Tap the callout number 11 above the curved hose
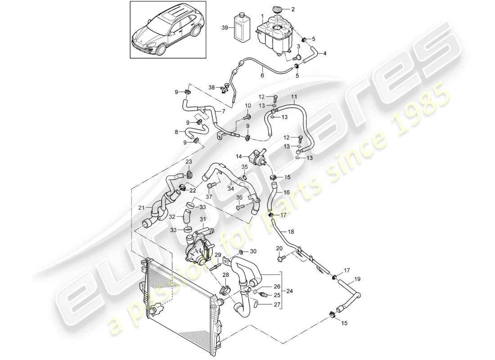click(x=294, y=97)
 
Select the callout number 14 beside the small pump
click(x=239, y=156)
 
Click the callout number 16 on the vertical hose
click(x=286, y=192)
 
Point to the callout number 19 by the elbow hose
click(x=357, y=279)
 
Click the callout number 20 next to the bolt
click(x=279, y=248)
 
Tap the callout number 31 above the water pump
click(x=203, y=219)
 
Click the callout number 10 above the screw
click(x=247, y=105)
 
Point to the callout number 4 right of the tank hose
click(x=325, y=53)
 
